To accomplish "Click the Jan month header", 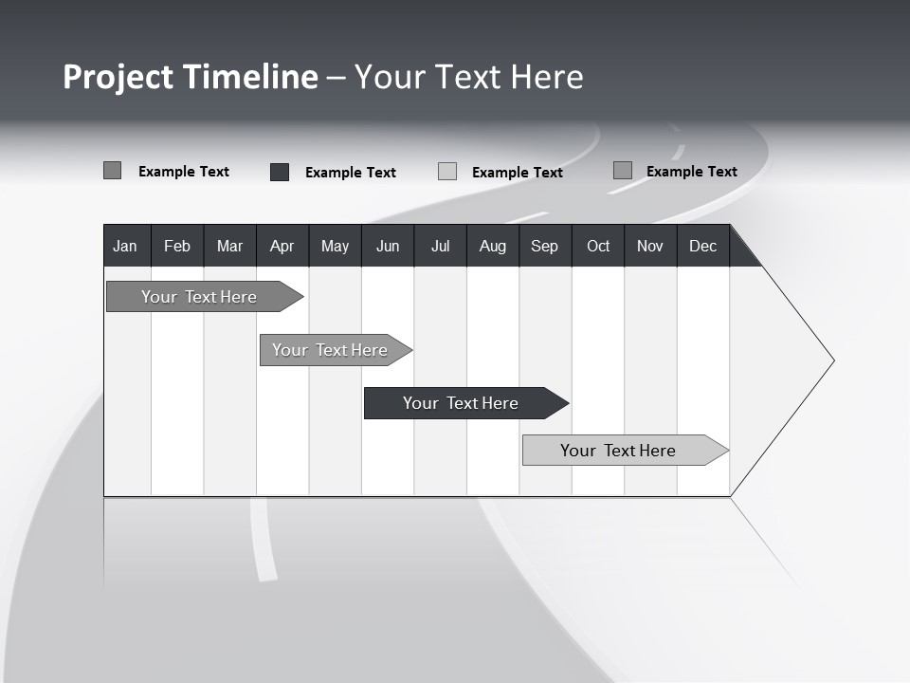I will click(x=126, y=246).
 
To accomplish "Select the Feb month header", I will click(x=177, y=246).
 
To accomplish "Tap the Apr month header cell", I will click(x=282, y=246).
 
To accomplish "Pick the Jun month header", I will click(x=388, y=246).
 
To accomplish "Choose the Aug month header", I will click(x=493, y=246).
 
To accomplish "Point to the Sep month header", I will click(x=545, y=246).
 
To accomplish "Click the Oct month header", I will click(x=598, y=246).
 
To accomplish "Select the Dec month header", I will click(x=703, y=246).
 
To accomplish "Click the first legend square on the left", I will click(x=113, y=171).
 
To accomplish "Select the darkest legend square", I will click(x=280, y=172).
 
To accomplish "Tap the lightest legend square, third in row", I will click(x=447, y=172).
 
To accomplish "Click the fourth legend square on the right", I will click(x=623, y=171).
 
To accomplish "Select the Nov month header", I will click(x=650, y=246).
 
